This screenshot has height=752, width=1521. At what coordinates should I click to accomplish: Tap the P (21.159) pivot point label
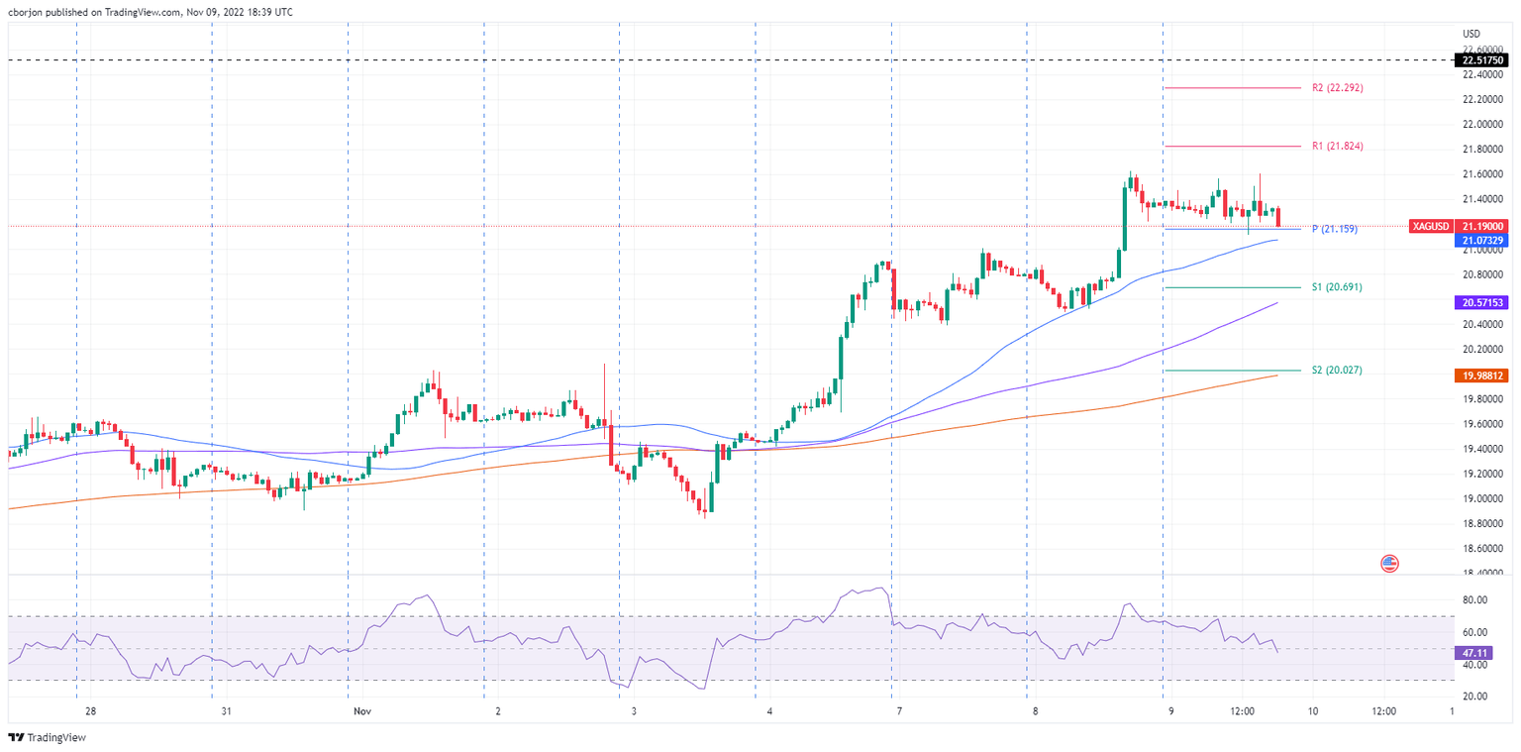coord(1335,229)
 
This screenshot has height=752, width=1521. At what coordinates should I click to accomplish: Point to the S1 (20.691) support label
coord(1337,287)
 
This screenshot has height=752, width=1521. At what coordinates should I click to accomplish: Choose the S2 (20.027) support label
coord(1337,371)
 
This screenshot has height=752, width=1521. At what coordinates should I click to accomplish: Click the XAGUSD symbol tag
coord(1430,227)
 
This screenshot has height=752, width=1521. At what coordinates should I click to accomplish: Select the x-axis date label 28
coord(90,711)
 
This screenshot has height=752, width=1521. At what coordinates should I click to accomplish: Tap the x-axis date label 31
coord(227,711)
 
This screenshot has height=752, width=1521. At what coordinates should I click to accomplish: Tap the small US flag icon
coord(1389,564)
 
